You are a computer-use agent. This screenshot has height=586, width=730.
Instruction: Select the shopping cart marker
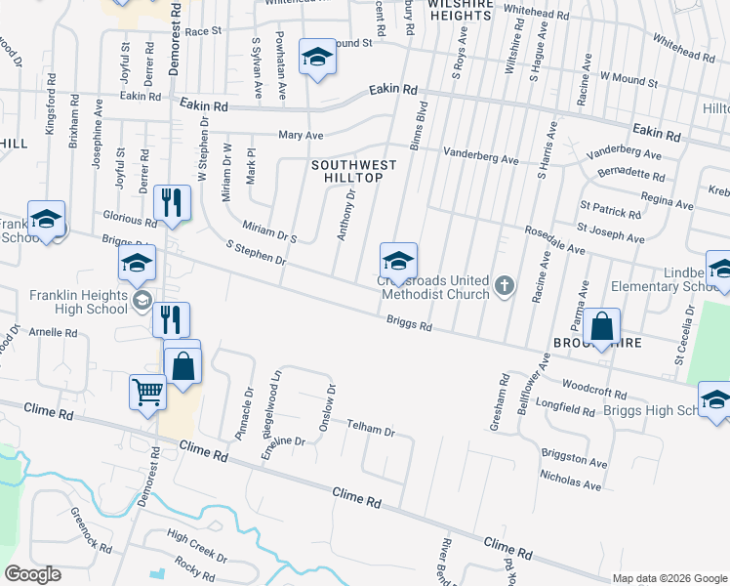coord(147,393)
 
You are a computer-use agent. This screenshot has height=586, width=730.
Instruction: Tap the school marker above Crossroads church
coord(397,262)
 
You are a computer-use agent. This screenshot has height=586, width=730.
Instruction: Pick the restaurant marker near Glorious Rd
coord(172,203)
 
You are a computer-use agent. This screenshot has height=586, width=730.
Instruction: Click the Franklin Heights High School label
coord(78,302)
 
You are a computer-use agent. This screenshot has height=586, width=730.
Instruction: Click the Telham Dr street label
coord(371,431)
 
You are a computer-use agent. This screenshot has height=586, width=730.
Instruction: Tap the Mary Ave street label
coord(301,136)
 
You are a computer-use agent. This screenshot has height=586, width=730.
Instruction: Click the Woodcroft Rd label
coord(593,393)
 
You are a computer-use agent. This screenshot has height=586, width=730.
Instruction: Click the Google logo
coord(32,574)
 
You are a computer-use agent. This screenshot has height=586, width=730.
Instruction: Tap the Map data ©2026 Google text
coord(669,577)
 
